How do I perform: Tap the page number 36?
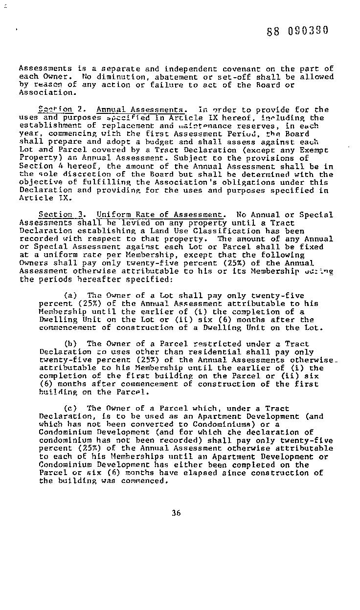(177, 513)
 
